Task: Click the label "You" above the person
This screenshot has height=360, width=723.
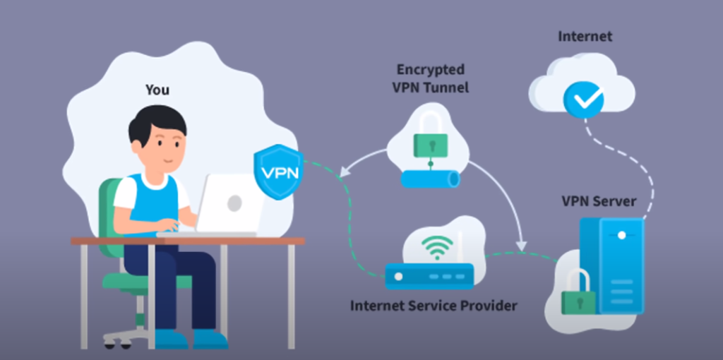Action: point(157,90)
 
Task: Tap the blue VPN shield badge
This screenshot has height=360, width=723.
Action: point(278,171)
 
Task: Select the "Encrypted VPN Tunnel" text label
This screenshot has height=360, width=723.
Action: point(431,78)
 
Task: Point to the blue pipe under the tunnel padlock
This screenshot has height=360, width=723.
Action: point(430,179)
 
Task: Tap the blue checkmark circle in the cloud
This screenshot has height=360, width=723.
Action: point(583,100)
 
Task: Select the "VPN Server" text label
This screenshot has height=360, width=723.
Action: point(598,202)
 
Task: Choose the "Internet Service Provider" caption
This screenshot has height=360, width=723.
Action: point(434,306)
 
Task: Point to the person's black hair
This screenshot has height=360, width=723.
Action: point(156,121)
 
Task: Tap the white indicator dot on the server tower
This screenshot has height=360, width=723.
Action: point(621,235)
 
